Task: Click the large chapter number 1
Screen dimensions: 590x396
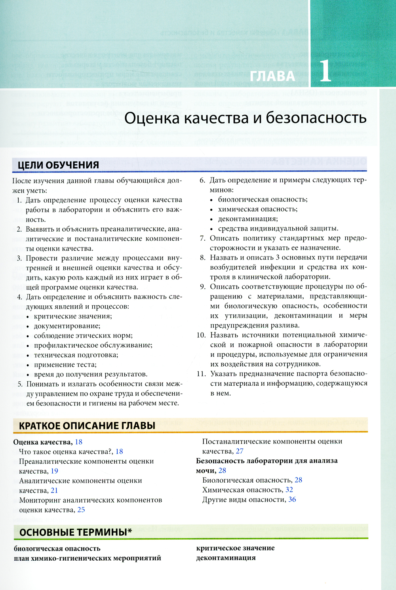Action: [326, 71]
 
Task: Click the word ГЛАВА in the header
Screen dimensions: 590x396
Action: [273, 76]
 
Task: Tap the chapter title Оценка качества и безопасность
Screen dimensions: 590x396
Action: [246, 118]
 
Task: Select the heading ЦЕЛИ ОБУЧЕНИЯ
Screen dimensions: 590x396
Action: [58, 165]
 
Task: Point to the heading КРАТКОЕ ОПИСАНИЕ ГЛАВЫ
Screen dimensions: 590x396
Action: [87, 426]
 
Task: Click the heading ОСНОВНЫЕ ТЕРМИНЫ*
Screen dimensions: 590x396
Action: [76, 532]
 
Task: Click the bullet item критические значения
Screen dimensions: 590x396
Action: [73, 316]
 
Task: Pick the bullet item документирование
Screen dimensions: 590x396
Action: [67, 326]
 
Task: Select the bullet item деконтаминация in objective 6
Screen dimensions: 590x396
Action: [248, 219]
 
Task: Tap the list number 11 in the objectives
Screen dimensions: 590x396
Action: [202, 373]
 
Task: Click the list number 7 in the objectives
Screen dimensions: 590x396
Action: [203, 238]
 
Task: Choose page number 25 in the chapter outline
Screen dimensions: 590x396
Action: [81, 510]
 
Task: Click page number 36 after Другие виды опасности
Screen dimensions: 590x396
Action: [292, 499]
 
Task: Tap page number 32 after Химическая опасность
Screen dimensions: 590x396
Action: [289, 490]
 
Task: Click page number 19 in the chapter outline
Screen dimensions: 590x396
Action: [54, 471]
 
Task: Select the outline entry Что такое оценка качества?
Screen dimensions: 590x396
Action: [66, 451]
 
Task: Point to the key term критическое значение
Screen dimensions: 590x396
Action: [236, 548]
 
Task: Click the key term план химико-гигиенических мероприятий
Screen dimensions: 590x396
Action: [88, 558]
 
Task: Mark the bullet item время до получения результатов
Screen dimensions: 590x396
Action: [91, 374]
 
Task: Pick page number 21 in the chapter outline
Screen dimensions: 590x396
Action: [54, 490]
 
